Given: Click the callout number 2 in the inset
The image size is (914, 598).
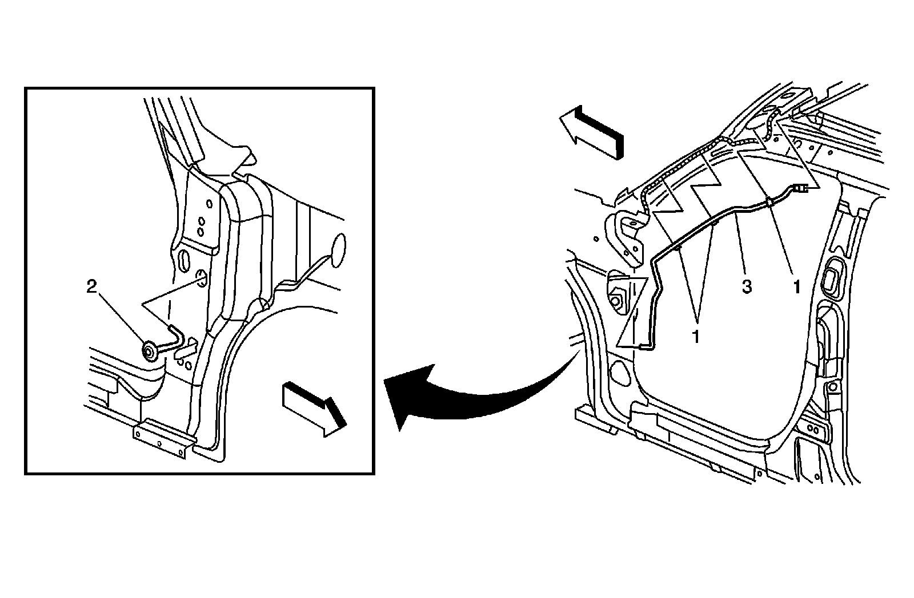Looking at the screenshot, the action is click(x=92, y=287).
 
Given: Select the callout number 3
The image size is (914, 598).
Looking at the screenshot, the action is click(x=746, y=287).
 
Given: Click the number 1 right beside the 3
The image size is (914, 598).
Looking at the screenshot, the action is click(x=796, y=287).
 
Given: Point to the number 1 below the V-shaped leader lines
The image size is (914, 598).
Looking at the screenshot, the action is click(x=696, y=337).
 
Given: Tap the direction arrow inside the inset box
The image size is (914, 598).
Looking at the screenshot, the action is click(x=314, y=409).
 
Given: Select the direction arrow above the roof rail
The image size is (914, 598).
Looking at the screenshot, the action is click(x=592, y=132).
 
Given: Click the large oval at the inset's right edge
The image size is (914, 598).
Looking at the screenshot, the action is click(x=338, y=250).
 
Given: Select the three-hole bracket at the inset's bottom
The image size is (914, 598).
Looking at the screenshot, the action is click(x=165, y=438).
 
